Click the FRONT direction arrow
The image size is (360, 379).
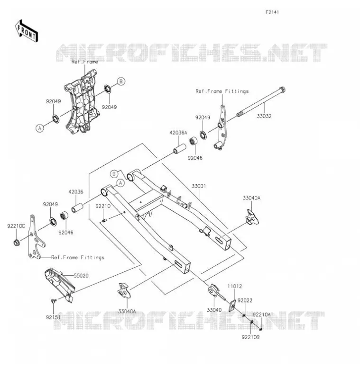pyautogui.click(x=27, y=31)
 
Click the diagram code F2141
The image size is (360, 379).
pyautogui.click(x=272, y=12)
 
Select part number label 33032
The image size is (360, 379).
pyautogui.click(x=264, y=116)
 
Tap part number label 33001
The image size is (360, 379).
pyautogui.click(x=199, y=186)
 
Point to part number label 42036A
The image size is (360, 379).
pyautogui.click(x=178, y=133)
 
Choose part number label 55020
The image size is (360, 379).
pyautogui.click(x=81, y=276)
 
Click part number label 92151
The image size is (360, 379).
pyautogui.click(x=53, y=317)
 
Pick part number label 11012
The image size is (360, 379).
pyautogui.click(x=234, y=286)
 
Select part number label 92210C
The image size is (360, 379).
pyautogui.click(x=16, y=226)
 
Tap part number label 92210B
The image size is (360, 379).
pyautogui.click(x=250, y=337)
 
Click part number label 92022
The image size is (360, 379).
pyautogui.click(x=245, y=300)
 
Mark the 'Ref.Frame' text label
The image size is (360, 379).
pyautogui.click(x=85, y=62)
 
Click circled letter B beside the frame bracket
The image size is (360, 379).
pyautogui.click(x=121, y=81)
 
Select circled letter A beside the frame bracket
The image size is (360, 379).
pyautogui.click(x=40, y=128)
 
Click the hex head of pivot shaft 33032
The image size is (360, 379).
pyautogui.click(x=282, y=89)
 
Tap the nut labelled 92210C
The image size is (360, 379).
pyautogui.click(x=17, y=242)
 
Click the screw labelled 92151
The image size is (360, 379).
pyautogui.click(x=54, y=301)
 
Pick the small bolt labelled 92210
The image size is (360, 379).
pyautogui.click(x=104, y=220)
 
